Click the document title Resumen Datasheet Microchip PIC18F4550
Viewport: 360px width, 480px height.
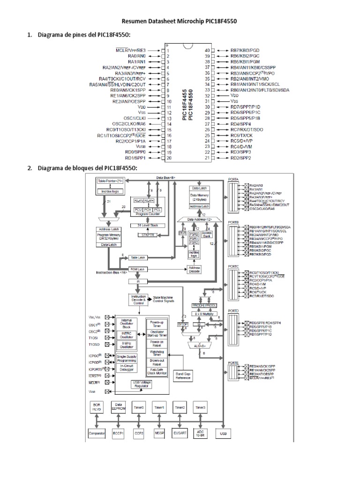pyautogui.click(x=180, y=22)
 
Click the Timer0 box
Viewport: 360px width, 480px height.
pyautogui.click(x=138, y=408)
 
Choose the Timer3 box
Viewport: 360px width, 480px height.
pyautogui.click(x=201, y=408)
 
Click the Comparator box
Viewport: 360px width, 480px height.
pyautogui.click(x=97, y=434)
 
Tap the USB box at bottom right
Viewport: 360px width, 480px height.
pyautogui.click(x=223, y=434)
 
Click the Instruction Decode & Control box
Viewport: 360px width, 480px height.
pyautogui.click(x=137, y=299)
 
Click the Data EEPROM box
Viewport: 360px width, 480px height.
pyautogui.click(x=118, y=408)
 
